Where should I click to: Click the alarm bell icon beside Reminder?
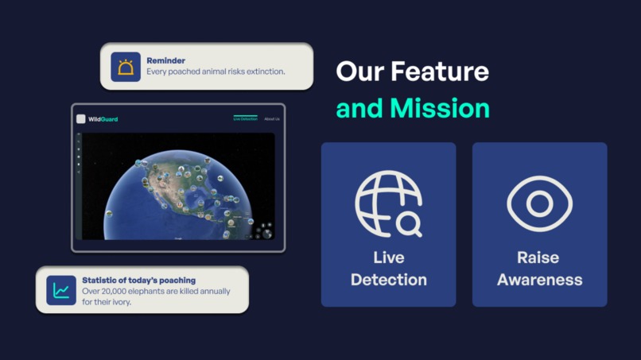coord(126,67)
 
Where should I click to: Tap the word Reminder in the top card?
coord(166,60)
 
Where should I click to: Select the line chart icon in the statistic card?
coord(61,291)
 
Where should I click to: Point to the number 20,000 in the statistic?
coord(115,292)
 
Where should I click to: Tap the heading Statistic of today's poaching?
coord(138,281)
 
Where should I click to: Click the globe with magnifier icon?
coord(388,205)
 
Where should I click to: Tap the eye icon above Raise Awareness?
coord(539,204)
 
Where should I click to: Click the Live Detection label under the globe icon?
coord(388,269)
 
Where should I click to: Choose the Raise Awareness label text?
coord(539,269)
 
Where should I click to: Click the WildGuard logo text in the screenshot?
coord(103,119)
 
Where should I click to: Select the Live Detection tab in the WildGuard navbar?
coord(245,119)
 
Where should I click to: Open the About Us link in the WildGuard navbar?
coord(272,119)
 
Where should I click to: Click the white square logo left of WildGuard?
coord(81,119)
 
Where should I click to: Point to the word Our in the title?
coord(355,72)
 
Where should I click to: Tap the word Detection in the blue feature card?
coord(388,280)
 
